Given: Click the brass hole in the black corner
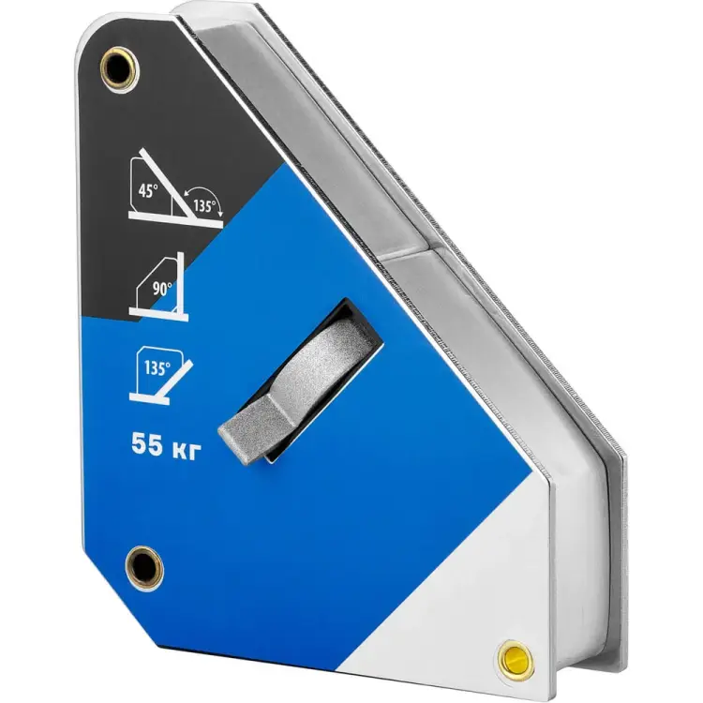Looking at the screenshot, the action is pyautogui.click(x=120, y=69).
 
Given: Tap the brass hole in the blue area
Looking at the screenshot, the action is pyautogui.click(x=144, y=567).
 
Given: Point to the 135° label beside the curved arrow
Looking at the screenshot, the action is pyautogui.click(x=204, y=206).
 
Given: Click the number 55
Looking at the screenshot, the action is pyautogui.click(x=147, y=445).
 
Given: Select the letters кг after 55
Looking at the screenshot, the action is pyautogui.click(x=185, y=450).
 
